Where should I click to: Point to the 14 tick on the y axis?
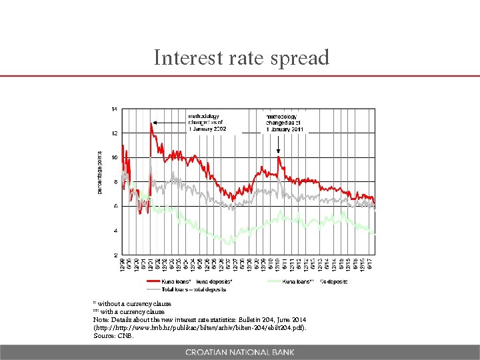point(115,109)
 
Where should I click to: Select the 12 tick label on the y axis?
point(115,133)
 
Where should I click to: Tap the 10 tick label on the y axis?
point(115,158)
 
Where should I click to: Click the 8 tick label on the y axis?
point(116,182)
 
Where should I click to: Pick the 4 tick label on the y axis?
point(116,231)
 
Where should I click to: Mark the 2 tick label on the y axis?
point(116,255)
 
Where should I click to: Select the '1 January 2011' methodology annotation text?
point(286,129)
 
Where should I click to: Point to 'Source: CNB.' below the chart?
point(114,335)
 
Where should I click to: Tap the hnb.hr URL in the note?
point(201,327)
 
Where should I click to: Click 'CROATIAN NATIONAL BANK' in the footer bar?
point(239,352)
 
